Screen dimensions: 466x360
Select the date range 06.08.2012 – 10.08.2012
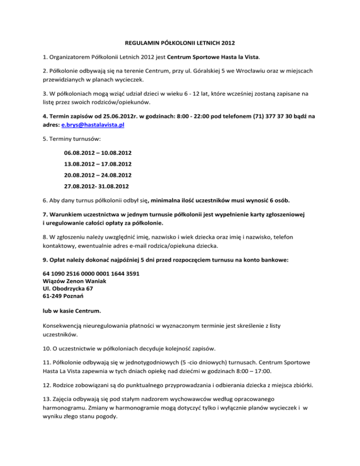pos(98,153)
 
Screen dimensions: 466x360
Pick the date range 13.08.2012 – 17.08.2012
pos(98,165)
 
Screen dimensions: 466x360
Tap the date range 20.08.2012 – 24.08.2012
pos(98,176)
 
